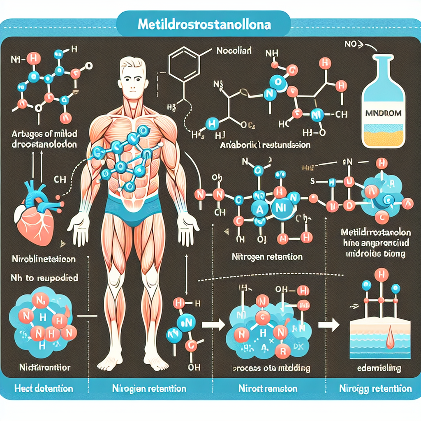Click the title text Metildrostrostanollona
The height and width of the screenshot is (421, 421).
point(204,25)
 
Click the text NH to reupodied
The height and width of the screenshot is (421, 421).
point(44,278)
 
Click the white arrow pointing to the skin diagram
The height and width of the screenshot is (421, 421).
point(329,324)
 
